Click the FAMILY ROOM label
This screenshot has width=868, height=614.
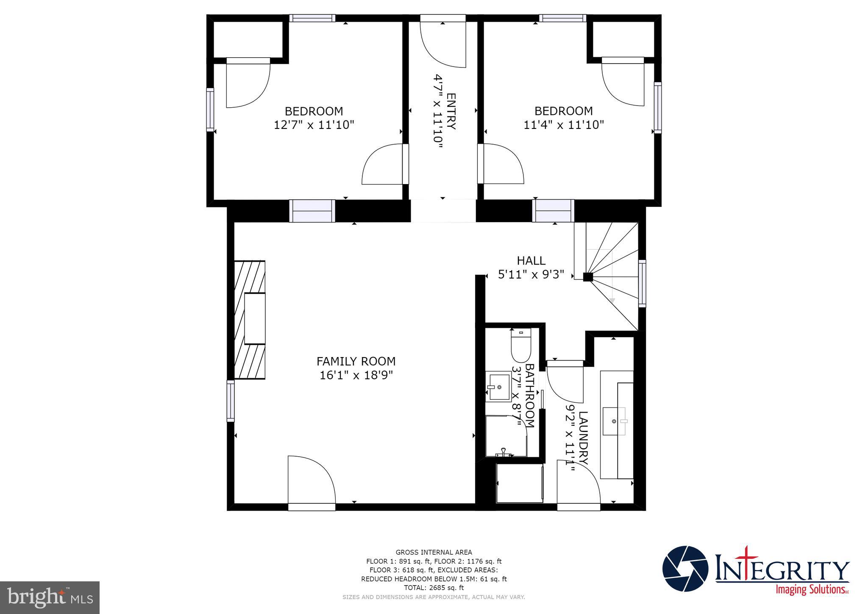tap(356, 361)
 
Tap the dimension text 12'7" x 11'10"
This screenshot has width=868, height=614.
tap(314, 125)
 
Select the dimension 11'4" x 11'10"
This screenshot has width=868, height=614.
tap(563, 125)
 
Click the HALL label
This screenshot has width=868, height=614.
tap(531, 260)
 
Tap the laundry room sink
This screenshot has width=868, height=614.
tap(614, 421)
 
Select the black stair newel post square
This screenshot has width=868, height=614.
tap(588, 277)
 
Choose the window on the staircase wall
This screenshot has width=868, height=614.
tap(642, 283)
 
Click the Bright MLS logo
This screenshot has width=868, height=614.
tap(50, 597)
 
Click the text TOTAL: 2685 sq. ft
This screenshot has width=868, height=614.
tap(434, 588)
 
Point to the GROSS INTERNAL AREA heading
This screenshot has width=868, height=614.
tap(434, 552)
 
